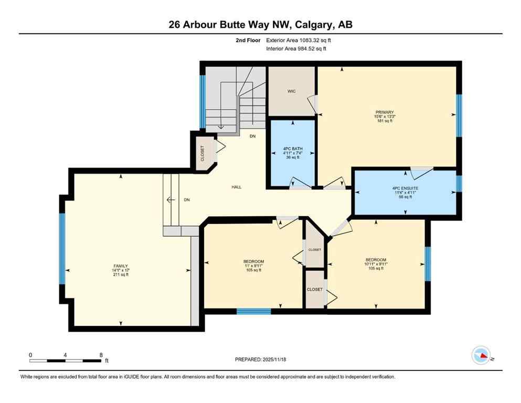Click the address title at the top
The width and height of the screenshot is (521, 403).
pyautogui.click(x=260, y=24)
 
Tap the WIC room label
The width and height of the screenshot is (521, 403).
pyautogui.click(x=291, y=91)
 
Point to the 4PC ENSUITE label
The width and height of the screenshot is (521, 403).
pyautogui.click(x=405, y=188)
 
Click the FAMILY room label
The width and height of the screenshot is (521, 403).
pyautogui.click(x=120, y=266)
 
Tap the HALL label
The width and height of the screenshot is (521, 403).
pyautogui.click(x=237, y=187)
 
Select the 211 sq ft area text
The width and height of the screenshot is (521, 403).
pyautogui.click(x=120, y=274)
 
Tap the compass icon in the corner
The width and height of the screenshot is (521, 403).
pyautogui.click(x=481, y=355)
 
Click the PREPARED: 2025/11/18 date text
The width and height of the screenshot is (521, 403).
pyautogui.click(x=260, y=359)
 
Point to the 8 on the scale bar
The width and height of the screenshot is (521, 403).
pyautogui.click(x=101, y=355)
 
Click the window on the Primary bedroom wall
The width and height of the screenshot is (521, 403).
pyautogui.click(x=459, y=115)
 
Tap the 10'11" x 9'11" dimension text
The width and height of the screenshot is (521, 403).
pyautogui.click(x=376, y=264)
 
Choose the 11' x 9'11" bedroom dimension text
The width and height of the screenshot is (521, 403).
pyautogui.click(x=253, y=266)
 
